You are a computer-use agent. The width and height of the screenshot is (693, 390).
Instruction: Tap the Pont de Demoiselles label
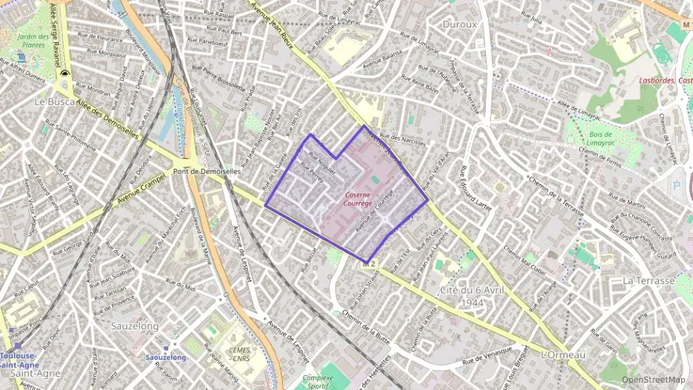pyautogui.click(x=207, y=171)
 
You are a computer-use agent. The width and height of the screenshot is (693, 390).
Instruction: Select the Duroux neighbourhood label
pyautogui.click(x=459, y=24)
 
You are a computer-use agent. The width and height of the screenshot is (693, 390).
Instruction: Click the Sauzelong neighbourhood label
pyautogui.click(x=136, y=325)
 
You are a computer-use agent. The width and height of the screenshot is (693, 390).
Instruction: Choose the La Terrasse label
pyautogui.click(x=648, y=280)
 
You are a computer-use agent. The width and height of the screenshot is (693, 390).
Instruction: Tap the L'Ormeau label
pyautogui.click(x=563, y=355)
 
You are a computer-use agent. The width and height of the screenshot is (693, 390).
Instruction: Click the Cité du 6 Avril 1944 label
pyautogui.click(x=472, y=297)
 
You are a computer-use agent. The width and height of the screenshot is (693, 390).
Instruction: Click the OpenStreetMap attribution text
pyautogui.click(x=653, y=380)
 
